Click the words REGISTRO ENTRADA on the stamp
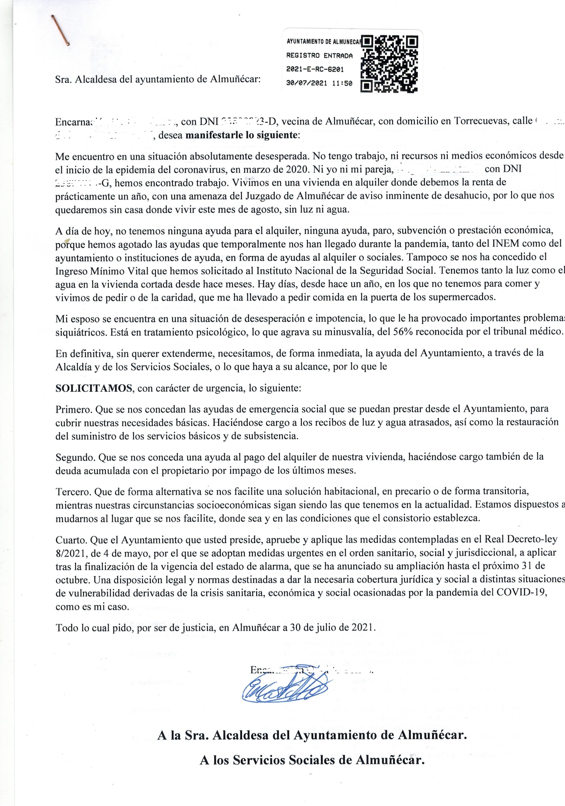click(319, 56)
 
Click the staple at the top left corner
click(60, 30)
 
